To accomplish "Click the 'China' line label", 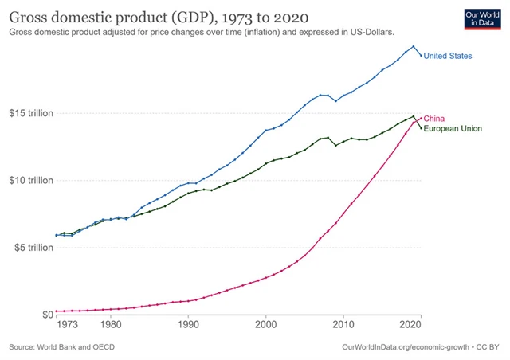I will click(x=433, y=118).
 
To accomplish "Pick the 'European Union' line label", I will click(x=452, y=128).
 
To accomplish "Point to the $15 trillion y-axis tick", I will click(x=31, y=113).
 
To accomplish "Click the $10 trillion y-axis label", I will click(x=31, y=180).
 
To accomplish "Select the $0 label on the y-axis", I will click(x=46, y=314).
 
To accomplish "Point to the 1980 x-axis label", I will click(x=111, y=325).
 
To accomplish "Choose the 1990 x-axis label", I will click(x=188, y=325).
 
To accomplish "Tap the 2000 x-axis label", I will click(x=265, y=325).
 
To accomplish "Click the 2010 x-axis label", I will click(x=343, y=325).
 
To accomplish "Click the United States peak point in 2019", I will click(x=414, y=46).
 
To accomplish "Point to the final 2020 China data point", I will click(x=422, y=118).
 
